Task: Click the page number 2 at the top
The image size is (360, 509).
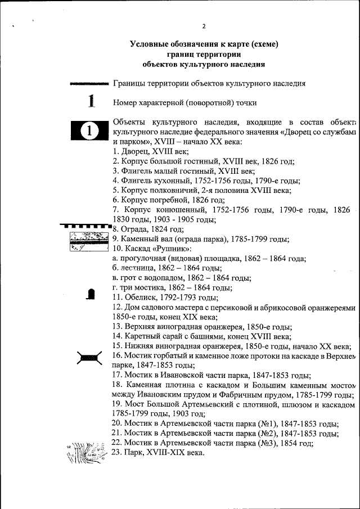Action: coord(204,26)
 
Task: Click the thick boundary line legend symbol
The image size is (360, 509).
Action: coord(89,84)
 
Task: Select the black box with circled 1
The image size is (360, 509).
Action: coord(89,131)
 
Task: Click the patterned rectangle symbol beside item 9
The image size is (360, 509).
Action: coord(88,242)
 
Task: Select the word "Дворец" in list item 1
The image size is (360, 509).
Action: coord(134,151)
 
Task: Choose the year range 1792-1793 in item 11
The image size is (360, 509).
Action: coord(179,298)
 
